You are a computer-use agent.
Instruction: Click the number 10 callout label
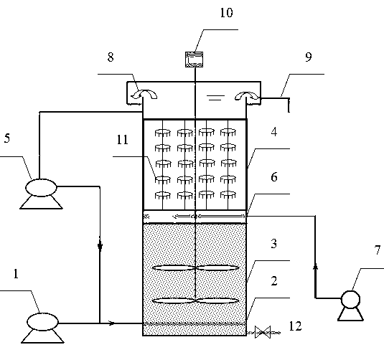click(x=226, y=13)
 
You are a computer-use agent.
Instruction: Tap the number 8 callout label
click(x=111, y=57)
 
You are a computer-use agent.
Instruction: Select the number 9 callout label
click(x=309, y=57)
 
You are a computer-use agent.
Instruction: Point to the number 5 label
click(x=7, y=138)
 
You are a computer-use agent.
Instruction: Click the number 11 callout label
click(x=122, y=140)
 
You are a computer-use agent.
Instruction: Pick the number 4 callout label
click(x=274, y=132)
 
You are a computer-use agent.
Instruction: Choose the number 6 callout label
click(x=274, y=176)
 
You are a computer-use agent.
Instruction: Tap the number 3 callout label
click(x=274, y=244)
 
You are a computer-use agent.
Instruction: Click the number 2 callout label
click(x=274, y=281)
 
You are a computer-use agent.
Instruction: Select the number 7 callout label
click(x=378, y=250)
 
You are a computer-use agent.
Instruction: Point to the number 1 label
click(x=16, y=274)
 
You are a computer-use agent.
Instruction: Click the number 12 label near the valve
click(x=295, y=326)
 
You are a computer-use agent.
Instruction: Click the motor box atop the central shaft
click(x=195, y=60)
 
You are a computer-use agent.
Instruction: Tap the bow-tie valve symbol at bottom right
click(x=263, y=332)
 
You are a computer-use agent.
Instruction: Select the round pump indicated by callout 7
click(x=350, y=299)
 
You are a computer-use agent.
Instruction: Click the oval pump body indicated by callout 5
click(x=41, y=187)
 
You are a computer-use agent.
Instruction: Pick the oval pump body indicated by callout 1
click(x=42, y=322)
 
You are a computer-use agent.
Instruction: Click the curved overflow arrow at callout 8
click(x=144, y=94)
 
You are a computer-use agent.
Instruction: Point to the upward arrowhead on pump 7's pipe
click(x=315, y=265)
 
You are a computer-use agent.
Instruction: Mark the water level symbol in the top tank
click(x=215, y=98)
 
